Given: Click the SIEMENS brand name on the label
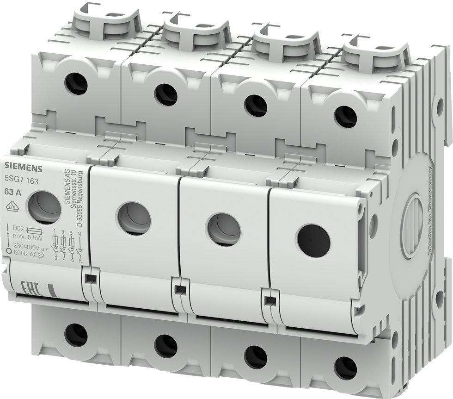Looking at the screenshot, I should click(x=24, y=167).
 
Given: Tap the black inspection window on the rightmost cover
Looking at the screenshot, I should click(x=314, y=240).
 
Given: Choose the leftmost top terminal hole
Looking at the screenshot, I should click(x=76, y=84).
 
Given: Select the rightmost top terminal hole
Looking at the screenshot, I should click(x=345, y=117).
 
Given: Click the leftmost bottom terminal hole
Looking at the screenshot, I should click(x=76, y=335).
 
